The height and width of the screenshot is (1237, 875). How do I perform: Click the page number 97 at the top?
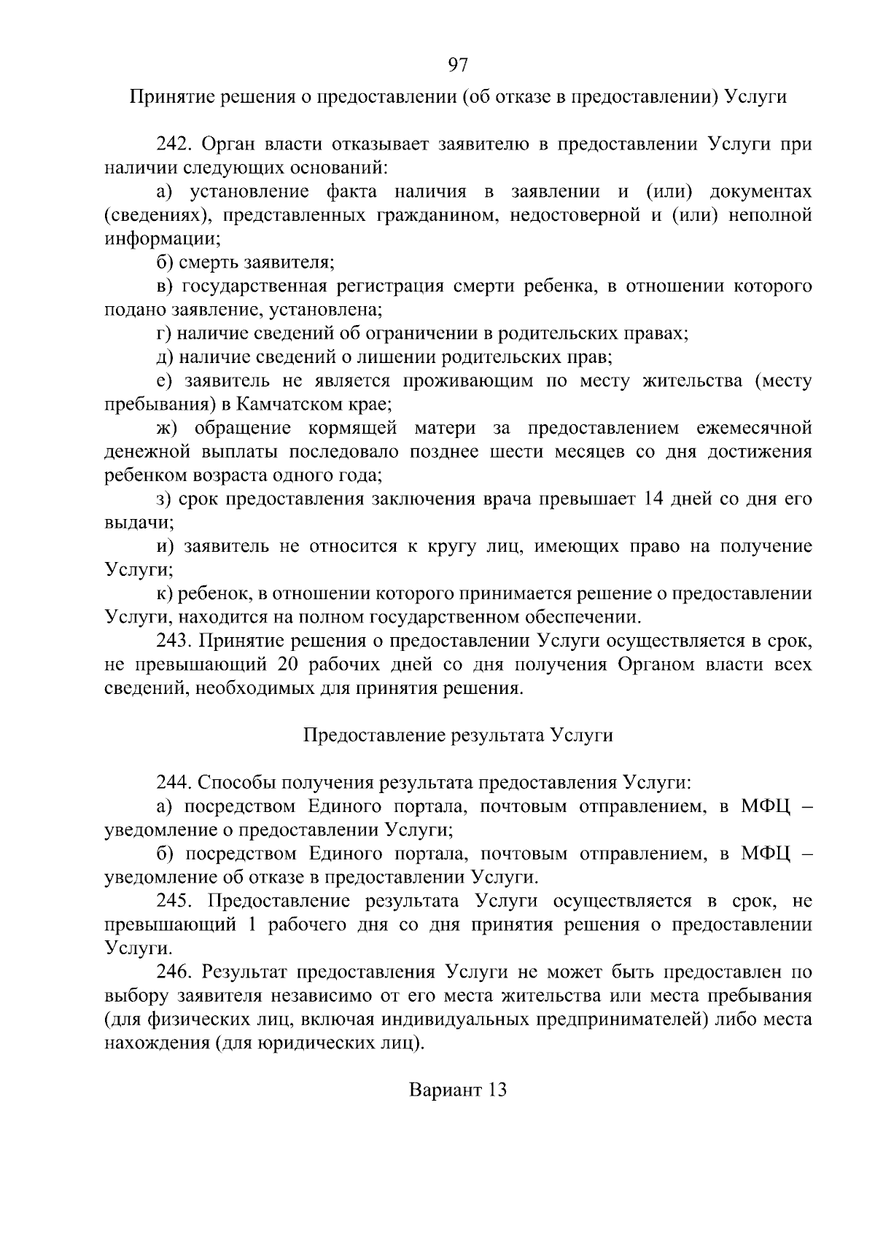coord(457,66)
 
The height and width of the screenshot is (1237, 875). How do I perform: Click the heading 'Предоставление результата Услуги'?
coord(457,735)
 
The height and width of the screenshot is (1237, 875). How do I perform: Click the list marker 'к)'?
coord(163,594)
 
